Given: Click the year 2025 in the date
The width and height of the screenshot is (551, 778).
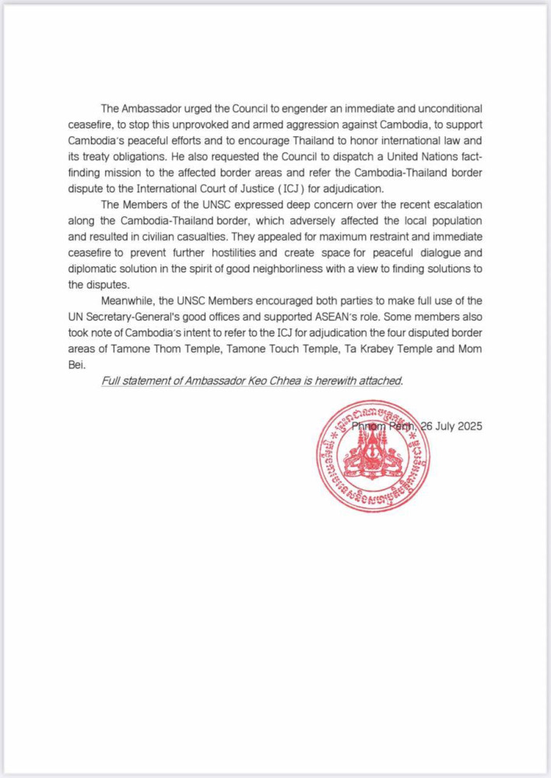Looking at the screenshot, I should coord(468,426).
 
